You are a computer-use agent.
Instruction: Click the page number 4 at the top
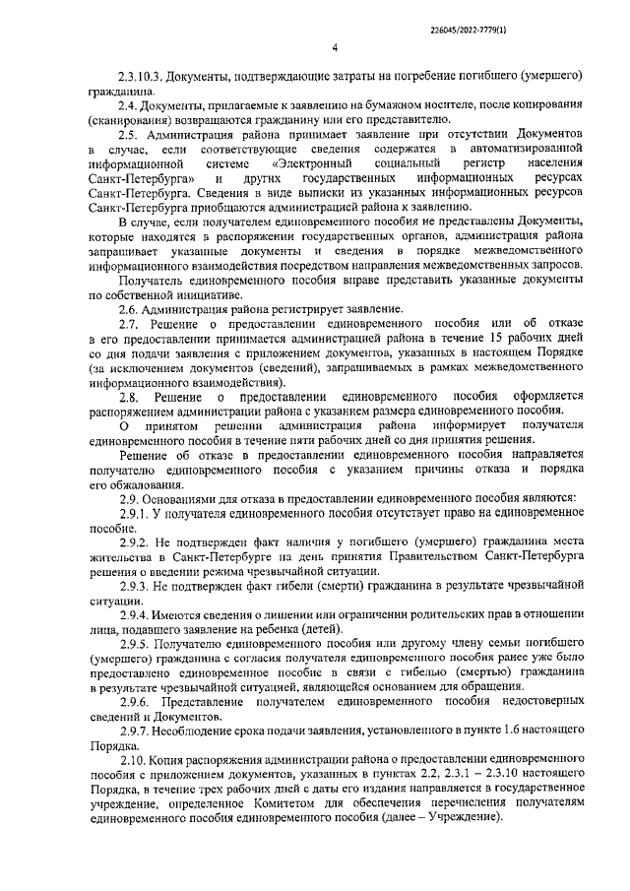tap(335, 46)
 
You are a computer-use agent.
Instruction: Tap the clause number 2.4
tap(127, 103)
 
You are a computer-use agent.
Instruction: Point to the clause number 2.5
tap(128, 132)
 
